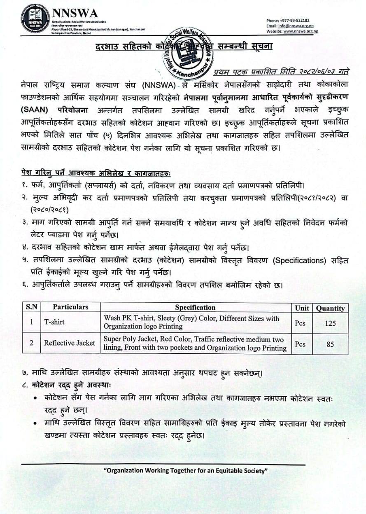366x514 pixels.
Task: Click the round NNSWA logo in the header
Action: click(35, 19)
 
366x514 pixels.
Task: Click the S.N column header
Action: click(31, 307)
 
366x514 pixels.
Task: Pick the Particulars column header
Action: click(70, 307)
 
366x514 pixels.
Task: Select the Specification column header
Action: click(195, 307)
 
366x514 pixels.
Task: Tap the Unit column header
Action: click(302, 308)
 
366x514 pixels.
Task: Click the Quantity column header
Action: click(330, 308)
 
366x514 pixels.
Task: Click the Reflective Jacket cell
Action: click(69, 343)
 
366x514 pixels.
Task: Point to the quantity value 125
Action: click(330, 323)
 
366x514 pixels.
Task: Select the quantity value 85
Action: click(330, 344)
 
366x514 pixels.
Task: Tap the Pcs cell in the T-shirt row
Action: click(300, 323)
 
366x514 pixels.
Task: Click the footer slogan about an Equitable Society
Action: click(186, 470)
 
